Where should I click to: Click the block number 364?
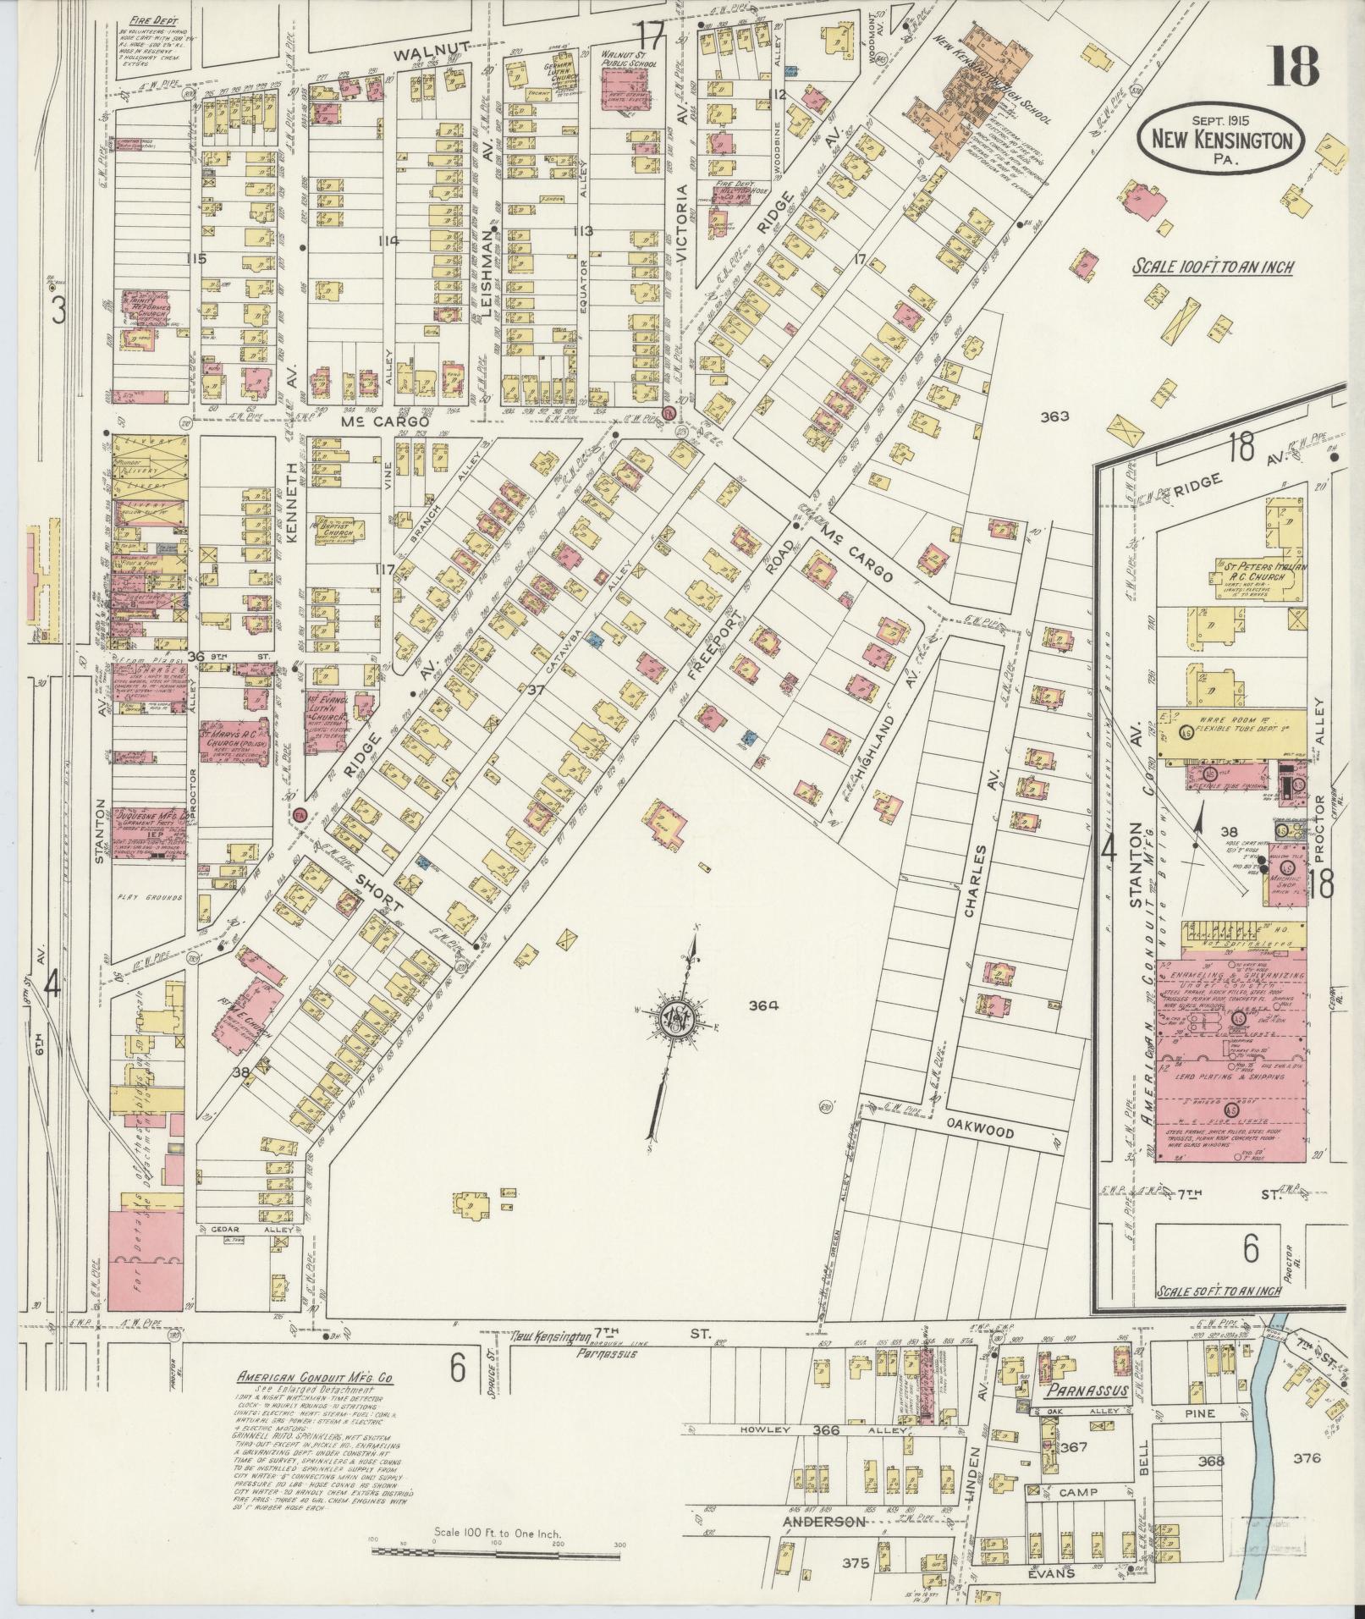click(762, 1005)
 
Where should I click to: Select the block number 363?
click(1055, 416)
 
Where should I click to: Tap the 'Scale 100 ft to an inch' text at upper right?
click(1213, 267)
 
